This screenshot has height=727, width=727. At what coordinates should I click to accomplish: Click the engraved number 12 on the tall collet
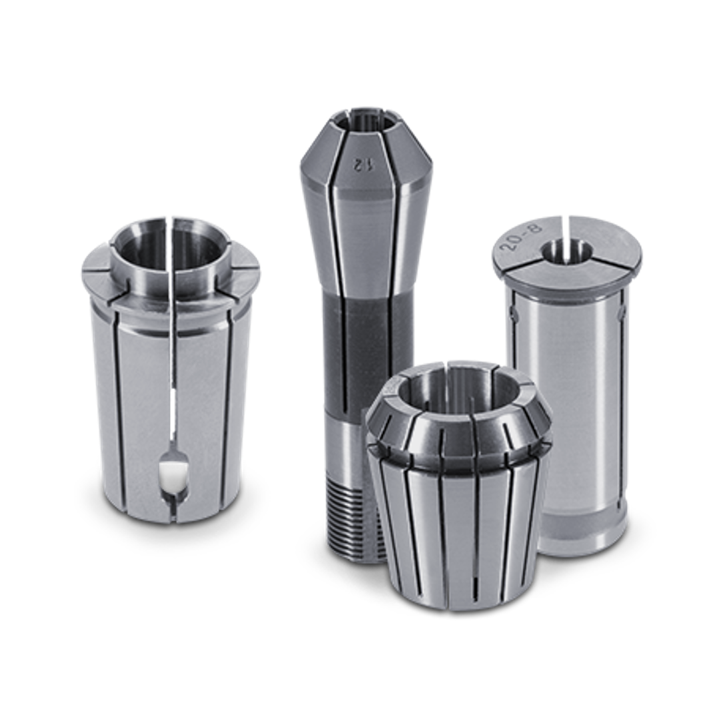pos(359,164)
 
